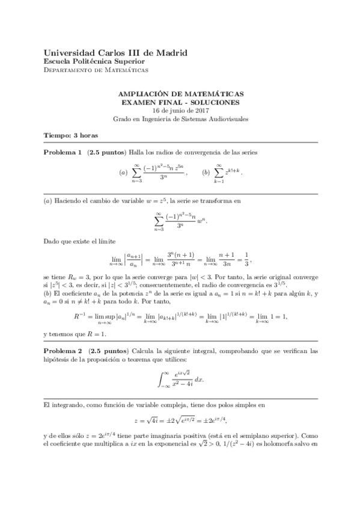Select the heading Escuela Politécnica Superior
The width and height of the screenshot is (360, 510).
pyautogui.click(x=94, y=61)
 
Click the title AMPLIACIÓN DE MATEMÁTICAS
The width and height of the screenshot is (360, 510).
pyautogui.click(x=180, y=95)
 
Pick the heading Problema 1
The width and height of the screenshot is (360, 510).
pyautogui.click(x=63, y=153)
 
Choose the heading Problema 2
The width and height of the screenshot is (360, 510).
pyautogui.click(x=63, y=350)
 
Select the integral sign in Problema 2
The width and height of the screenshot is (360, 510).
pyautogui.click(x=160, y=380)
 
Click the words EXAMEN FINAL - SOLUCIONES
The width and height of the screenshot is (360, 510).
pyautogui.click(x=180, y=103)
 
